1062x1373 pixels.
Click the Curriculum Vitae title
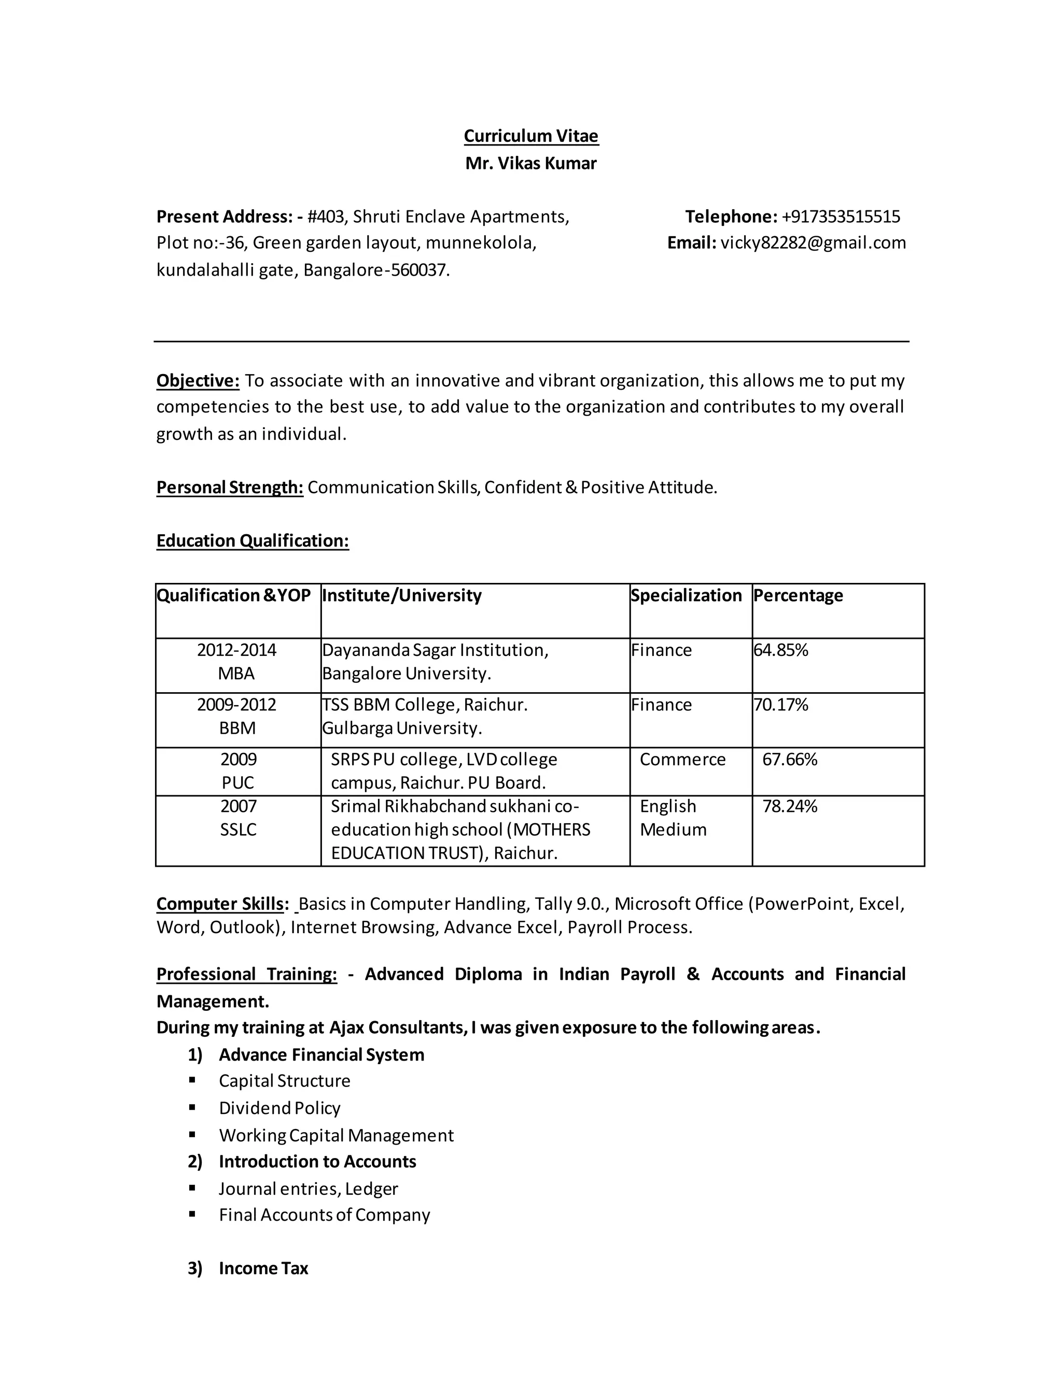click(x=530, y=136)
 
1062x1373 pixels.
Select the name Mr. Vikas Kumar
click(x=530, y=163)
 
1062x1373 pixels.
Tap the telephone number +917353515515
click(x=841, y=217)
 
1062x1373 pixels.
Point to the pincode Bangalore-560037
click(x=376, y=270)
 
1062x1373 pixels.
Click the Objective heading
click(x=198, y=381)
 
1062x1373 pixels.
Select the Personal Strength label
click(x=230, y=488)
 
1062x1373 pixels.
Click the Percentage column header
click(x=798, y=595)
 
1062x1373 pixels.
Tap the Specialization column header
click(x=686, y=595)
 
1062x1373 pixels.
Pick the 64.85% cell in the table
click(x=781, y=650)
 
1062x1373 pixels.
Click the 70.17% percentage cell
click(x=781, y=705)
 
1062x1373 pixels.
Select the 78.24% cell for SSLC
click(x=790, y=807)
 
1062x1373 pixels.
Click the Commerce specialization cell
click(x=682, y=760)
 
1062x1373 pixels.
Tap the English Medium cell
click(x=673, y=818)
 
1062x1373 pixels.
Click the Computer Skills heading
click(x=220, y=904)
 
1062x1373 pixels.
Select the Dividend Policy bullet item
click(x=280, y=1108)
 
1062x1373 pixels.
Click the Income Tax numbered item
click(x=263, y=1269)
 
